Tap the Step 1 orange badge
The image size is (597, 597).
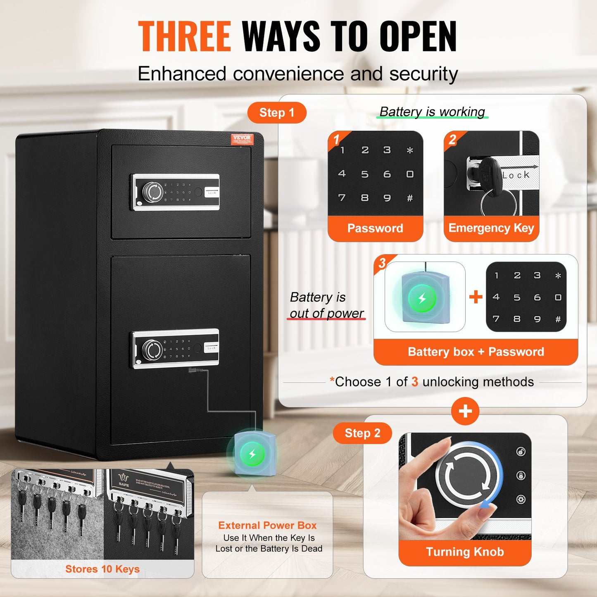coord(277,113)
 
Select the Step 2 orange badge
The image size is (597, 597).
coord(362,433)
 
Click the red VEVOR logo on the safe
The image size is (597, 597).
coord(242,138)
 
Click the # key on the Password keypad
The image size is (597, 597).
coord(409,198)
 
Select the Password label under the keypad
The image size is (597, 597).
coord(375,228)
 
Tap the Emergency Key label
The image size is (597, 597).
coord(491,228)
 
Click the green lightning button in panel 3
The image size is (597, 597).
coord(422,298)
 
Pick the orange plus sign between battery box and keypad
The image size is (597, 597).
coord(476,297)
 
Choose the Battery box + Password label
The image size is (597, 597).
coord(476,352)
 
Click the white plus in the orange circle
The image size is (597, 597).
coord(465,411)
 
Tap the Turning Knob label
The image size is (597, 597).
coord(465,552)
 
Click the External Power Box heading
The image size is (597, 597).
coord(267,526)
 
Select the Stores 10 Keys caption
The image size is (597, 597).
coord(102,569)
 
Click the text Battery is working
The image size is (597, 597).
coord(432,112)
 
